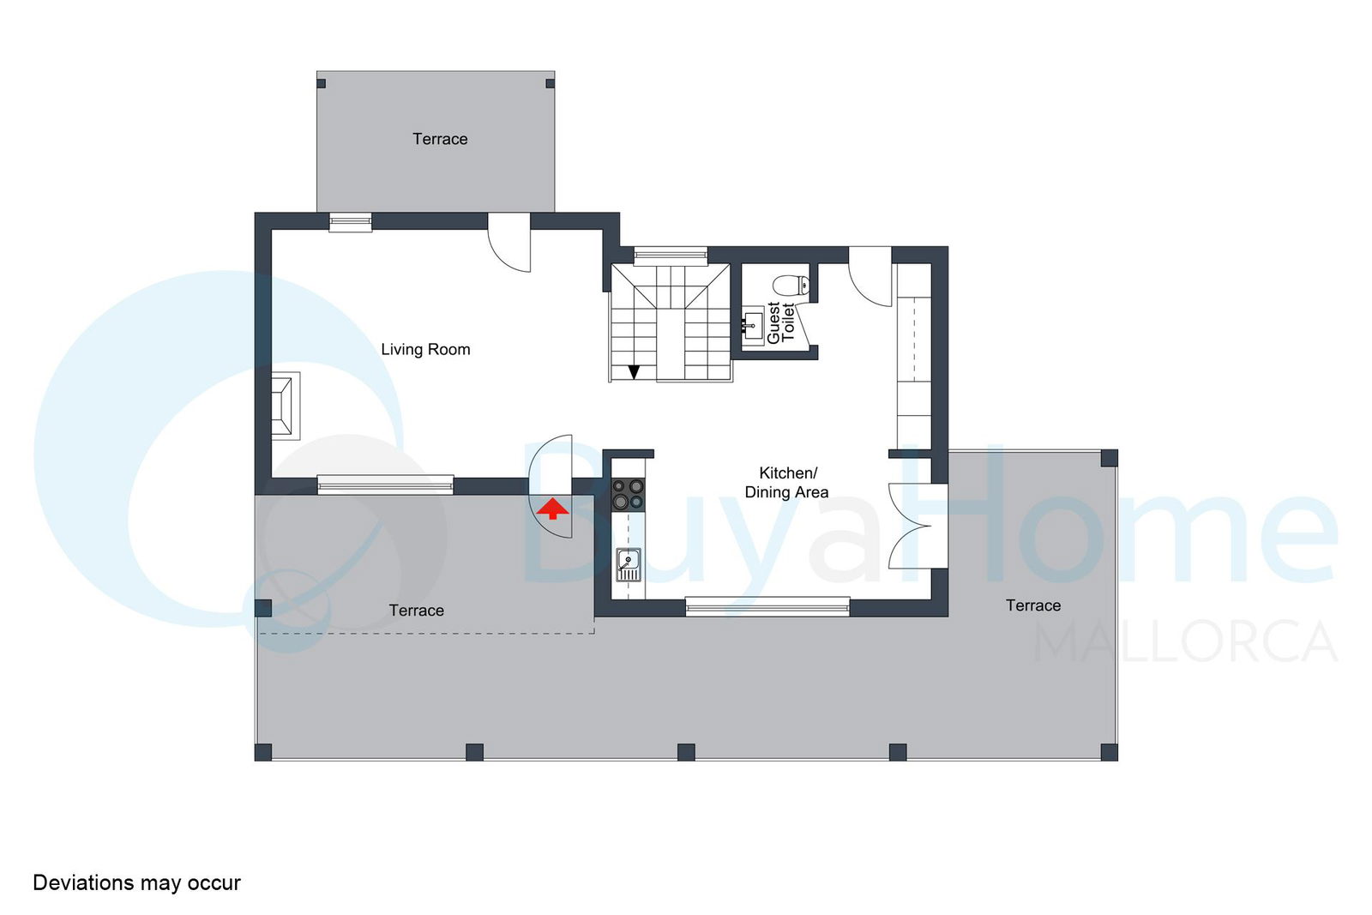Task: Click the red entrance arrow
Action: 552,509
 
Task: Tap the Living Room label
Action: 425,349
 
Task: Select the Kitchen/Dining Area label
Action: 787,482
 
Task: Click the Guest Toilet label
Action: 781,322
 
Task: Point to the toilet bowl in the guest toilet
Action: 791,285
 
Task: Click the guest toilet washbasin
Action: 753,326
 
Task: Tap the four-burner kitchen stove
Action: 629,494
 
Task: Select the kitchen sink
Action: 629,564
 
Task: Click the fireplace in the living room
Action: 286,406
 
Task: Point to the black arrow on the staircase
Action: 634,372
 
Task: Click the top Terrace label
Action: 440,139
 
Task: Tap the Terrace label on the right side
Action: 1033,605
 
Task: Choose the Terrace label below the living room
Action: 417,610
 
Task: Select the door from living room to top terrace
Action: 509,242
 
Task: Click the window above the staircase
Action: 671,256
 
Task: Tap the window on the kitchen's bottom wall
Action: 767,606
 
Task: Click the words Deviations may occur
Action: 136,882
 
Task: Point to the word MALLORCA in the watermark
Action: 1185,641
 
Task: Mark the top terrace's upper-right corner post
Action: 550,83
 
